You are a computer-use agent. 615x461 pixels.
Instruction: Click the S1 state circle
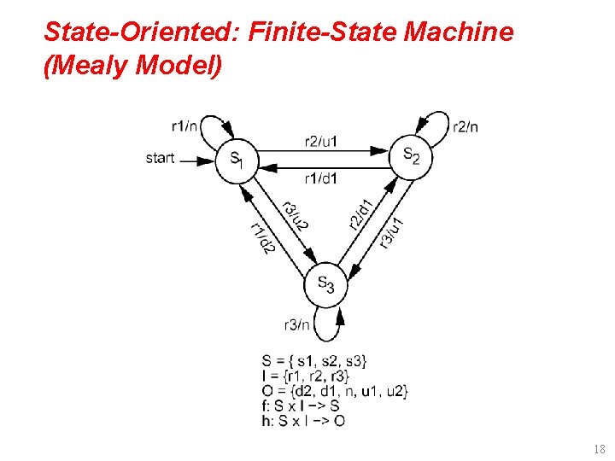(235, 160)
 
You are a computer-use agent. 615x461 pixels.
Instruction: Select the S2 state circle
(411, 156)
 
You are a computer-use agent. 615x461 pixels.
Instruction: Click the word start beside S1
(160, 158)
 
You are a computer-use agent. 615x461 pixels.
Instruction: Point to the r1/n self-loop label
(184, 126)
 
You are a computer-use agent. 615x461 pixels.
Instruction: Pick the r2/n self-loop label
(466, 127)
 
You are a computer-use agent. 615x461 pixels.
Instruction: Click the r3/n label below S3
(296, 324)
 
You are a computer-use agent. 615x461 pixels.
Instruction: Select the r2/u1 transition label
(321, 141)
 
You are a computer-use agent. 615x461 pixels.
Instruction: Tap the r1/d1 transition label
(321, 178)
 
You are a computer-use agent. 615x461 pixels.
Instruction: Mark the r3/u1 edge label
(392, 231)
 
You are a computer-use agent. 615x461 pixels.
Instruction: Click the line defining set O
(336, 391)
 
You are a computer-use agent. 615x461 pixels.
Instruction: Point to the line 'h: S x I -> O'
(304, 420)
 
